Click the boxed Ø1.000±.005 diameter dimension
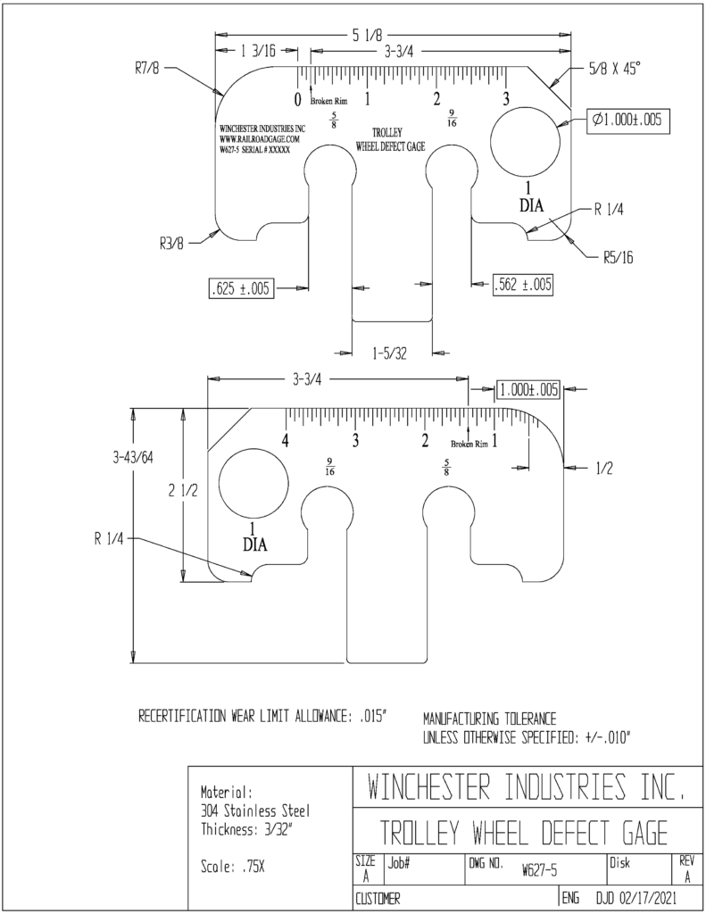[x=627, y=120]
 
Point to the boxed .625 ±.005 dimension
[x=241, y=288]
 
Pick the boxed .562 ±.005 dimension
[x=522, y=285]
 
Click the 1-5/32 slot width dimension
[x=389, y=353]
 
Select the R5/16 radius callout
[x=618, y=258]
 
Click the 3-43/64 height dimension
[x=133, y=458]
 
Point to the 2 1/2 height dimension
[x=183, y=491]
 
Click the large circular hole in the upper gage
[x=525, y=142]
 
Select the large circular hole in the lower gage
[x=254, y=484]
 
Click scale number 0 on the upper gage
[x=297, y=100]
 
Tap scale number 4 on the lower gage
[x=286, y=440]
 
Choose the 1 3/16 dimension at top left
[x=257, y=51]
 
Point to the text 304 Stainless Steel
[x=255, y=810]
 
